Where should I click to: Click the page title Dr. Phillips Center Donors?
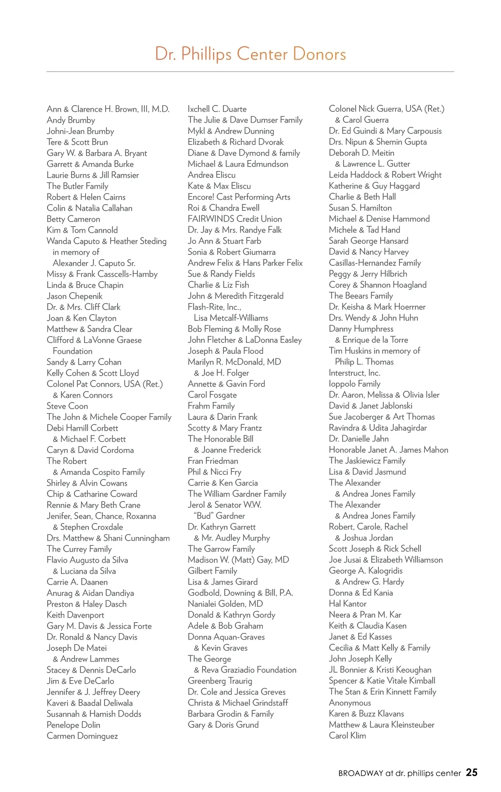coord(250,54)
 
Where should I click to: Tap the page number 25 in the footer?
coord(471,773)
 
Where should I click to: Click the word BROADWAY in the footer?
coord(360,773)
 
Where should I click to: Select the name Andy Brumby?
coord(71,120)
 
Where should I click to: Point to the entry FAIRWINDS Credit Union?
coord(235,219)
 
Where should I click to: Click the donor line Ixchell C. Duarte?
coord(217,109)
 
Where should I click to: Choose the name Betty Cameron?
coord(73,219)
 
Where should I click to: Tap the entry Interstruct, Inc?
coord(354,373)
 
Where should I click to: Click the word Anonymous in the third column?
coord(350,703)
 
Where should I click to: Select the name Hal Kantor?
coord(347,604)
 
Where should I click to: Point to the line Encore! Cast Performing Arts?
coord(239,197)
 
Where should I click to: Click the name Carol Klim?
coord(347,736)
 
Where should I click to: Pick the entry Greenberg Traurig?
coord(220,681)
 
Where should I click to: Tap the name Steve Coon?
coord(67,406)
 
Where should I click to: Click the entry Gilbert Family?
coord(213,571)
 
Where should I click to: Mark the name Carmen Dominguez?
coord(82,736)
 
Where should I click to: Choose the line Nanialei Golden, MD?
coord(225,604)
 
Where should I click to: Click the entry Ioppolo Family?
coord(354,384)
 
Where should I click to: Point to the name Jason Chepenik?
coord(74,296)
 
